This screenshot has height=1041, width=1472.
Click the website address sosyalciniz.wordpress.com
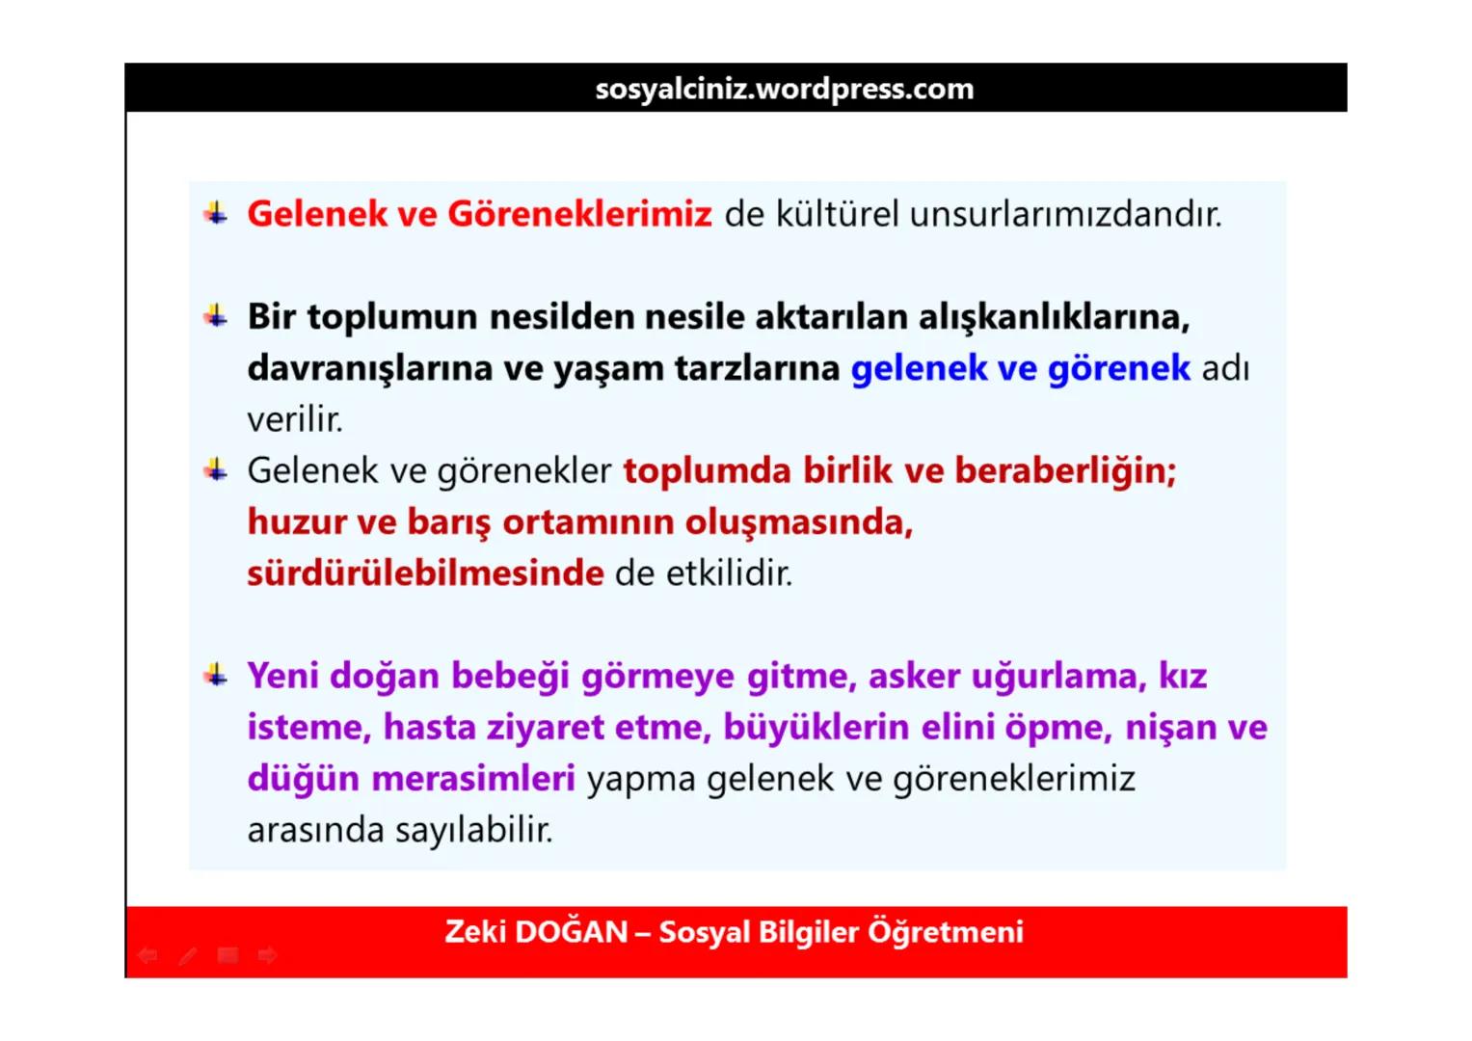784,89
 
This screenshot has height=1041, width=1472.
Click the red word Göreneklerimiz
579,214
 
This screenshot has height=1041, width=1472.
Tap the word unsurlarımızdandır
1065,214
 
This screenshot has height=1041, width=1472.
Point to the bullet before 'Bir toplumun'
216,315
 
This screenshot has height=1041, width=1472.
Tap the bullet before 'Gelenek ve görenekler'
216,469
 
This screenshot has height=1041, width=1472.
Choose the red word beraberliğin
1065,471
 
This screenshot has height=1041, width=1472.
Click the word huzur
297,522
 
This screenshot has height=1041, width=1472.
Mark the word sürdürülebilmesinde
425,574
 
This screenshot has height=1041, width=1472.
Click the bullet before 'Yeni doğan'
216,675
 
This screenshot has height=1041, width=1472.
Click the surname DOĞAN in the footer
571,932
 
